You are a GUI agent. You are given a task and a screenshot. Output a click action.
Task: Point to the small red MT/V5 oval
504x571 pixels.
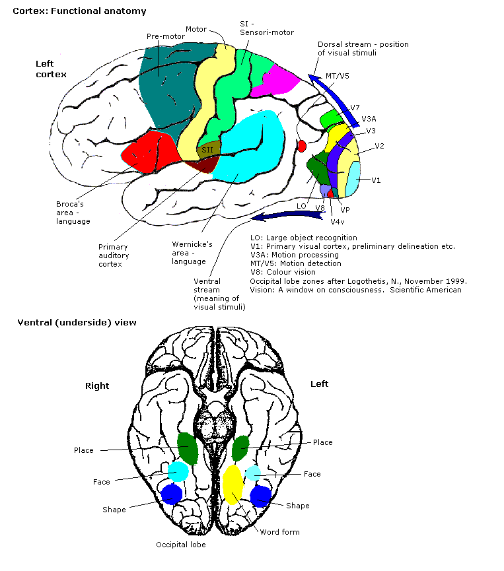(x=303, y=146)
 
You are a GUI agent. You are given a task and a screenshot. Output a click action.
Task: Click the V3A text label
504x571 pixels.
(x=369, y=119)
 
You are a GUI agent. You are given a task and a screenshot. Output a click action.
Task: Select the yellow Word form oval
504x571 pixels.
(x=233, y=484)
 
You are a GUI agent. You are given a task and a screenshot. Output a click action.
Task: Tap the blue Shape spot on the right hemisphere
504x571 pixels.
(x=172, y=494)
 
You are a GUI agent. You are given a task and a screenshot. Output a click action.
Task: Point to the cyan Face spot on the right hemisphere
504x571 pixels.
(x=178, y=471)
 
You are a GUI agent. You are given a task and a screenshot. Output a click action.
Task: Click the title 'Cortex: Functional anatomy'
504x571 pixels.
(x=80, y=11)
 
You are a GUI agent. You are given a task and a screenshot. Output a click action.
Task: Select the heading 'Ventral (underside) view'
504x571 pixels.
(x=77, y=323)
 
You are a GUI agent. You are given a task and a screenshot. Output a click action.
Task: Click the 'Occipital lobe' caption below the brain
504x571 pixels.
(x=180, y=545)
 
